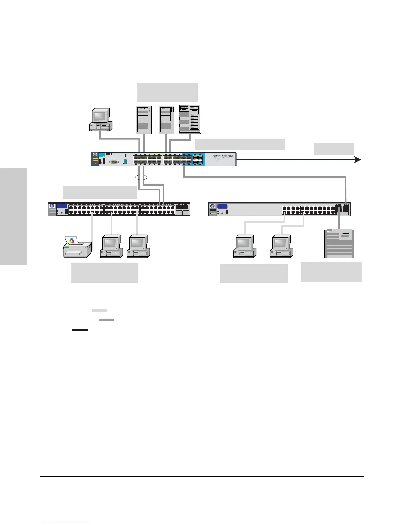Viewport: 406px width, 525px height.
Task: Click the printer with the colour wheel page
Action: (77, 247)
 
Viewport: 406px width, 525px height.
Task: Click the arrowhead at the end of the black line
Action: (358, 160)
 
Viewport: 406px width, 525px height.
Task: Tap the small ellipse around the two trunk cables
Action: (141, 177)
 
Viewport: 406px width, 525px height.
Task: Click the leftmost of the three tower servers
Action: (144, 120)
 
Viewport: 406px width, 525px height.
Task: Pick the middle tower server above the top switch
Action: (167, 120)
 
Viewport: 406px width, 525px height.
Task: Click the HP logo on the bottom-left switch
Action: (52, 206)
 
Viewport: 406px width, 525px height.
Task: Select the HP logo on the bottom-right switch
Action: (212, 206)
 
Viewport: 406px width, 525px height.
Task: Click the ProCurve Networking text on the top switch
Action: (222, 156)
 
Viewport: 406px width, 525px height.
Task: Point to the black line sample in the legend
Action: (80, 330)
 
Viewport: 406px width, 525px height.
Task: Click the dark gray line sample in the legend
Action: (106, 320)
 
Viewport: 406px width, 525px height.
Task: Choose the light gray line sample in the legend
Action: (99, 311)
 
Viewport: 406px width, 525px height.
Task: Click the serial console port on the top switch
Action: (114, 162)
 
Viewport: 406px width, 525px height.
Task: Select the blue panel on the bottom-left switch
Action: (62, 206)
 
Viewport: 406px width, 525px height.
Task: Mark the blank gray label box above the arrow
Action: (334, 148)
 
